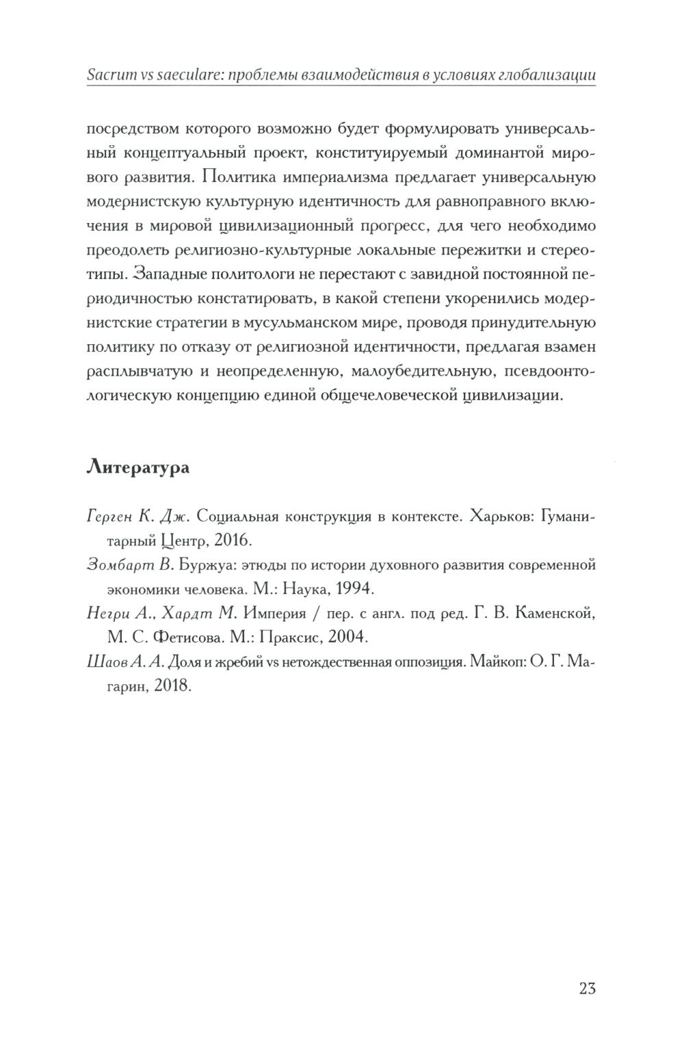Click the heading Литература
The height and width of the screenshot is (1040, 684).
tap(139, 469)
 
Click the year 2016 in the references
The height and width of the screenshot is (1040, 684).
tap(233, 541)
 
